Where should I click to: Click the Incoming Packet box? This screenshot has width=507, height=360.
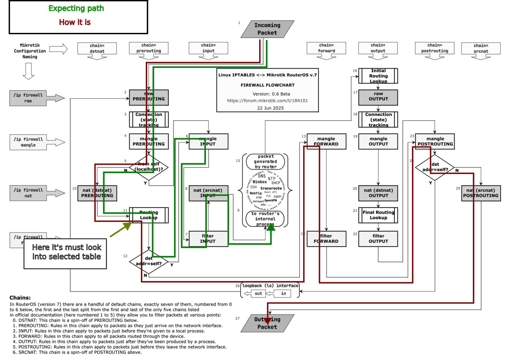(x=267, y=29)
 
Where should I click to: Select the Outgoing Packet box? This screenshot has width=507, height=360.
(x=267, y=323)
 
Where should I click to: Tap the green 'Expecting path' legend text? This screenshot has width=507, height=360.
(x=76, y=8)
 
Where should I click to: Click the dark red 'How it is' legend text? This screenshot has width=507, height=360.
(x=75, y=22)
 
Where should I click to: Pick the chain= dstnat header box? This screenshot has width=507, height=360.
(x=97, y=48)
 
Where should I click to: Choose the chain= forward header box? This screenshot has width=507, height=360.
(x=326, y=48)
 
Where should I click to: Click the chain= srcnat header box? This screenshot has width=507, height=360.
(x=481, y=48)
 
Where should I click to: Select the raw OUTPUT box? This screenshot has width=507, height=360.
(x=378, y=96)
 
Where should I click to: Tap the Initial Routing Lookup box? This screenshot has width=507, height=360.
(x=378, y=76)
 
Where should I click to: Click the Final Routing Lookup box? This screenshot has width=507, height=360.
(x=378, y=215)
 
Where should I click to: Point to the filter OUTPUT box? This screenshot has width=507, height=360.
(x=378, y=239)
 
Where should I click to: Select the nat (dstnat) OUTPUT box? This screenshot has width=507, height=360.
(x=378, y=193)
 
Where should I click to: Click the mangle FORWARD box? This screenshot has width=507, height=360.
(x=326, y=141)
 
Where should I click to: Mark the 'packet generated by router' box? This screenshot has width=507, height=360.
(x=266, y=162)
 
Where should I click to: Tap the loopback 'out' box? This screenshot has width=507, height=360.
(x=258, y=293)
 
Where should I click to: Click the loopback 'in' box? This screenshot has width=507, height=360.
(x=283, y=293)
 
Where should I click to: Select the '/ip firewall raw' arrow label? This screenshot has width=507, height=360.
(x=28, y=98)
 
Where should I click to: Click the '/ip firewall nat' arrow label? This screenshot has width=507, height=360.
(x=28, y=193)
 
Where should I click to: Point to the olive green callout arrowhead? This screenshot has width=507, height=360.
(x=128, y=225)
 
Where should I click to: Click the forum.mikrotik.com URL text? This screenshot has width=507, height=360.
(x=267, y=100)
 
